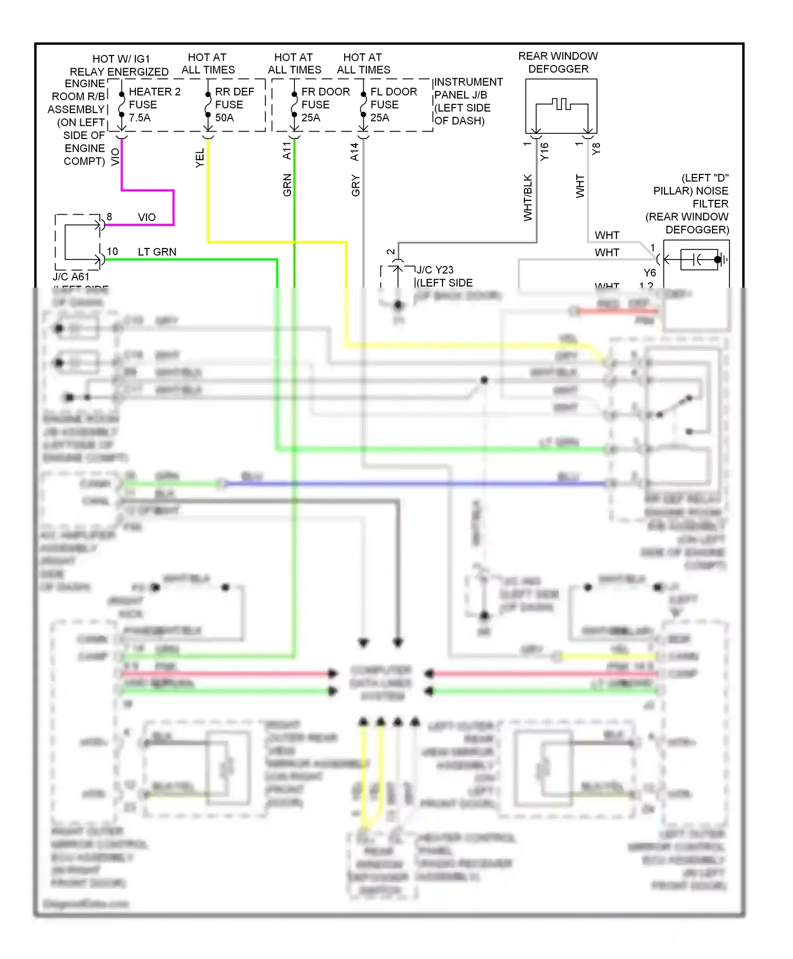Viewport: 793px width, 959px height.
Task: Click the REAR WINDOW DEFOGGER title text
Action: pyautogui.click(x=558, y=62)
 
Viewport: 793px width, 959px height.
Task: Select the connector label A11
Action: pyautogui.click(x=287, y=151)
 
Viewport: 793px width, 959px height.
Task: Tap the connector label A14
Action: pyautogui.click(x=355, y=152)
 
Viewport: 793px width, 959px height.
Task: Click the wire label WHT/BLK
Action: pyautogui.click(x=528, y=198)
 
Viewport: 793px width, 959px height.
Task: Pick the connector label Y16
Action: pyautogui.click(x=545, y=152)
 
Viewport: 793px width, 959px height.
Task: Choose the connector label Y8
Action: pyautogui.click(x=596, y=149)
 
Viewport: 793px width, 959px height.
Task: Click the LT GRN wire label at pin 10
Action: pyautogui.click(x=157, y=252)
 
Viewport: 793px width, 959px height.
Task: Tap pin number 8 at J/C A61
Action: pyautogui.click(x=109, y=217)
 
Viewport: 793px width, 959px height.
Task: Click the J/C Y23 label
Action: pyautogui.click(x=435, y=270)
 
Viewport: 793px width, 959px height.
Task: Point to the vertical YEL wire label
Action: pyautogui.click(x=200, y=158)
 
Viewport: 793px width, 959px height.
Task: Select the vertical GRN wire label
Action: pyautogui.click(x=287, y=185)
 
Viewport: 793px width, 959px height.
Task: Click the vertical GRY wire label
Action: pyautogui.click(x=355, y=186)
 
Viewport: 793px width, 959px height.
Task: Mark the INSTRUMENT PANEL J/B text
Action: pyautogui.click(x=468, y=88)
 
